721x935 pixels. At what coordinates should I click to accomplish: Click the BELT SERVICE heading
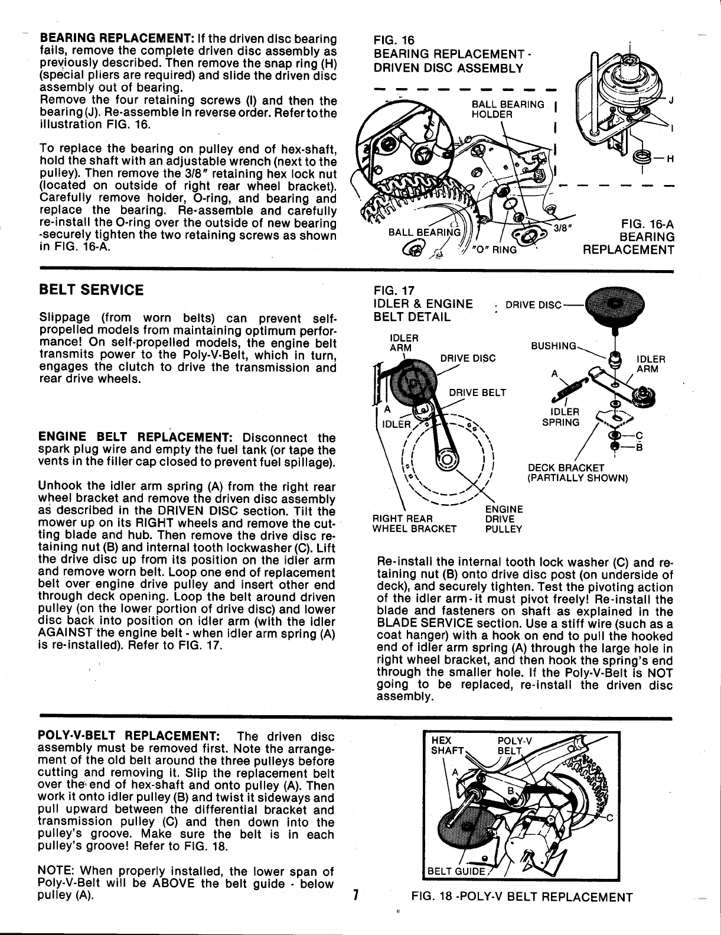coord(90,290)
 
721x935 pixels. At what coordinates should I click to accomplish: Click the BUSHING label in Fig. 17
coord(553,343)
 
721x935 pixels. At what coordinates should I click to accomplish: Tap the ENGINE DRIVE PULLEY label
coord(503,519)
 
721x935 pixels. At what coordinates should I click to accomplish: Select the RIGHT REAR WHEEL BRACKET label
coord(414,524)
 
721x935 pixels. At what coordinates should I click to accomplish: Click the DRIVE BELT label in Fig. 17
coord(478,392)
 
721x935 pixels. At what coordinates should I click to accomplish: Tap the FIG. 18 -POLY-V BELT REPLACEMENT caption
coord(522,897)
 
